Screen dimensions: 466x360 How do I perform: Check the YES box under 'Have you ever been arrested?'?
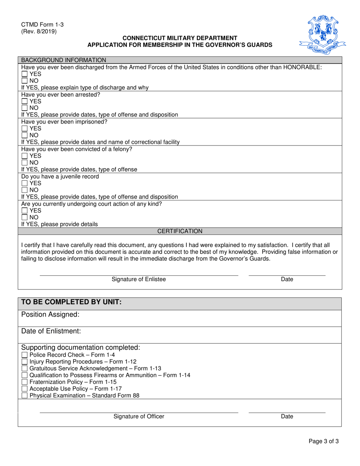25,102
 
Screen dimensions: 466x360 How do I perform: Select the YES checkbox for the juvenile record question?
25,183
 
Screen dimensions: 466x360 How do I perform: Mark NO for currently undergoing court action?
25,217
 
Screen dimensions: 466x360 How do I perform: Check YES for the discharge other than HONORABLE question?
25,74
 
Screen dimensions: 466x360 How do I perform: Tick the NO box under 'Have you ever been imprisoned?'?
25,135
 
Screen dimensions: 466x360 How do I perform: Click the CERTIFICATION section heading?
180,231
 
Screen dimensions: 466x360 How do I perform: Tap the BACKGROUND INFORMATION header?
64,60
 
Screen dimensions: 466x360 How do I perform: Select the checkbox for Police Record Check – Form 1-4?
25,355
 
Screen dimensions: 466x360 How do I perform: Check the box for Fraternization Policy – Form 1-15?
25,382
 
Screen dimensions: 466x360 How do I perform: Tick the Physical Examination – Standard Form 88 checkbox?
25,396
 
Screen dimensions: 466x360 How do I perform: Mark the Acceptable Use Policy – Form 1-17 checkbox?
25,389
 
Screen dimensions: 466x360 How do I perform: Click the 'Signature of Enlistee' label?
139,280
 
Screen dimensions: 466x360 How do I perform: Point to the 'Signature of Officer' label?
139,417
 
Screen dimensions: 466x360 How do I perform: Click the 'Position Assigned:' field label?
50,314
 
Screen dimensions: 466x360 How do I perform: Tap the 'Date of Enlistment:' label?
51,331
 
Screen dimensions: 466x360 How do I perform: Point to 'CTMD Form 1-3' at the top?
42,25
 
